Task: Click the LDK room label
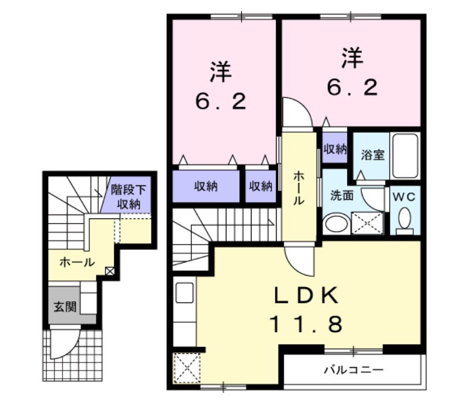pos(307,295)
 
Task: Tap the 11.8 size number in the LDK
pos(307,323)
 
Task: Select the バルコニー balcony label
pos(353,369)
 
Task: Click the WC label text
pos(404,196)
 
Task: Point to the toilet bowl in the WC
pos(404,219)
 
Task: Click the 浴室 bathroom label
pos(372,156)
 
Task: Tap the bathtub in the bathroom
pos(404,156)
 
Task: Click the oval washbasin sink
pos(336,224)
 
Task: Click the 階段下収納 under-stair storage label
pos(129,196)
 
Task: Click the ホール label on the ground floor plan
pos(77,262)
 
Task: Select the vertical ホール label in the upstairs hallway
pos(298,188)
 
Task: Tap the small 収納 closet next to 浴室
pos(334,149)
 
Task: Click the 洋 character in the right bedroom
pos(353,58)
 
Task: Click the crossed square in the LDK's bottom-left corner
pos(187,367)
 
